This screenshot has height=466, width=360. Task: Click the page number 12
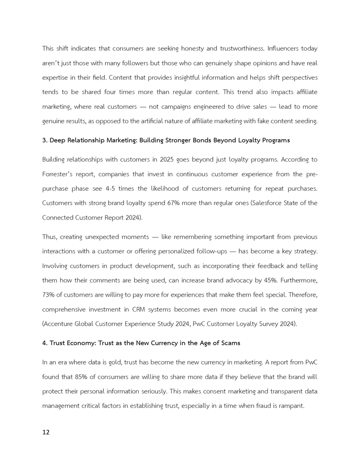coord(46,433)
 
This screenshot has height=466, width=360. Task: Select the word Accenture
coord(59,324)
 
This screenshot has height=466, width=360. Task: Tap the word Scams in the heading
coord(229,343)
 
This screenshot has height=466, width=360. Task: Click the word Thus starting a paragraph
coord(50,237)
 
